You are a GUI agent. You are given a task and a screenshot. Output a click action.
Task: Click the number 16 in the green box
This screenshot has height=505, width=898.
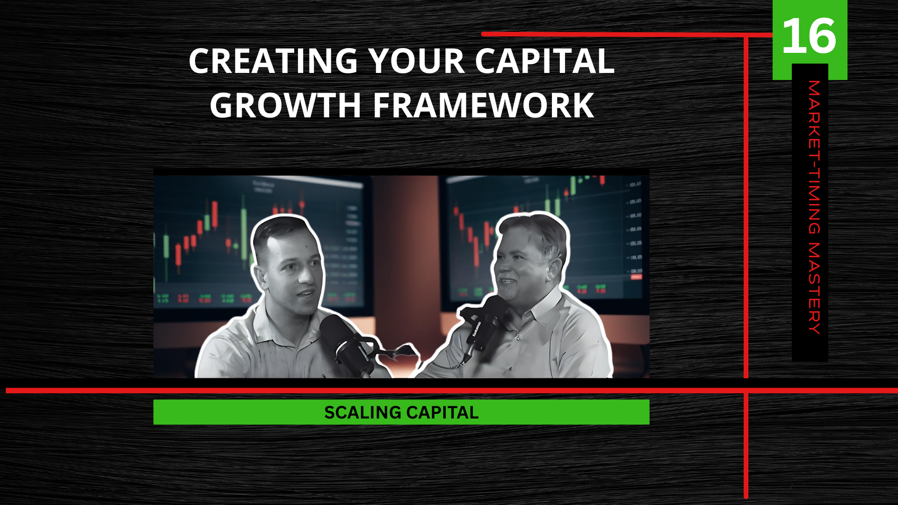(x=809, y=36)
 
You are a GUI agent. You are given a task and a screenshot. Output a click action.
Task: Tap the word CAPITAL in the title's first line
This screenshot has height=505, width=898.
(x=545, y=61)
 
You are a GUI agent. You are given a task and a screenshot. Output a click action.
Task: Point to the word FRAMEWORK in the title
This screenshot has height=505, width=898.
(x=484, y=105)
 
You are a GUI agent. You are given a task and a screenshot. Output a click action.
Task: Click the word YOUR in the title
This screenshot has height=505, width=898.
(x=417, y=61)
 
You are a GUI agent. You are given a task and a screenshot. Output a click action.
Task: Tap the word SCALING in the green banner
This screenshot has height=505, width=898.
(x=362, y=412)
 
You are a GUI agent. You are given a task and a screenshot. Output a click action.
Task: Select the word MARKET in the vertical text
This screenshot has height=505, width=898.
(x=814, y=120)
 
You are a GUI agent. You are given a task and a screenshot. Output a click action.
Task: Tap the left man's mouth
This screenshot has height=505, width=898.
(x=306, y=294)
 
